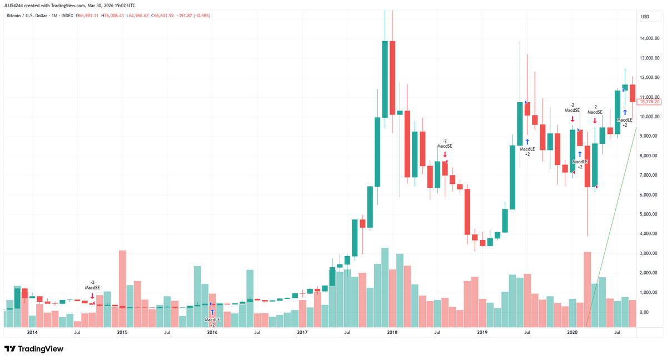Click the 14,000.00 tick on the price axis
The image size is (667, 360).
pos(650,38)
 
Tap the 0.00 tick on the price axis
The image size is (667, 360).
pos(645,312)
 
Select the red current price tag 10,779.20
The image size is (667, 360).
pos(649,102)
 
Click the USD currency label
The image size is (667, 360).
pos(645,17)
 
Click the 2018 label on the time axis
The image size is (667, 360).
pos(392,332)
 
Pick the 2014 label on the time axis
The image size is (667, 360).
pos(32,332)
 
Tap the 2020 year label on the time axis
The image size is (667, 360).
pos(572,332)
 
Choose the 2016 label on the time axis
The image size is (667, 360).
pos(212,332)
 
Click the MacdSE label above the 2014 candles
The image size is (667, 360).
pos(92,288)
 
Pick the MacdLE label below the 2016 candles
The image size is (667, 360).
pos(212,319)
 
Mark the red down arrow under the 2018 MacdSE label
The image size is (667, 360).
pos(445,154)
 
